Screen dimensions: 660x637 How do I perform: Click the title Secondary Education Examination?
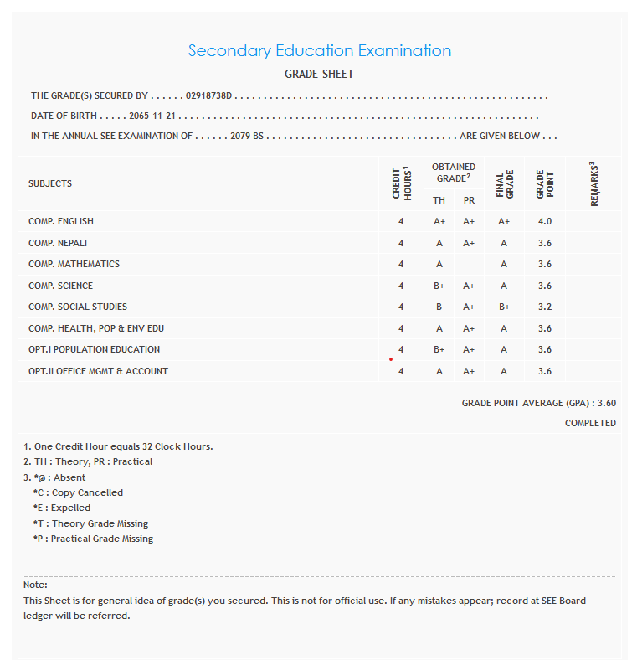pos(319,51)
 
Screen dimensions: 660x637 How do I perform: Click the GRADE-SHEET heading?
pos(319,75)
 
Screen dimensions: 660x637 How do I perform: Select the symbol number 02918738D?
pos(208,96)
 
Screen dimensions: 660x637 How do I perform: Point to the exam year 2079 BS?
pos(247,136)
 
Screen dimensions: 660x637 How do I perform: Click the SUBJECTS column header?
pos(50,183)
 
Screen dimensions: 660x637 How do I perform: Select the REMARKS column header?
pos(593,183)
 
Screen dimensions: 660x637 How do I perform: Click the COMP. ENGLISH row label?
pos(61,222)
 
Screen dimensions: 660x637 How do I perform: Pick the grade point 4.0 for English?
pos(545,222)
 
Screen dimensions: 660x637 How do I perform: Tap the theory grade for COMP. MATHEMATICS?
pos(439,265)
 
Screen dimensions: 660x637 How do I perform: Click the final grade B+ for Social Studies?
pos(504,307)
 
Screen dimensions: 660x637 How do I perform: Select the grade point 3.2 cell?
pos(545,307)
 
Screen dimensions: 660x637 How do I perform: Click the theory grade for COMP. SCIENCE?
pos(439,286)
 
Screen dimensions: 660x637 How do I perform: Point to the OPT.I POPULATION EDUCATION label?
pos(94,350)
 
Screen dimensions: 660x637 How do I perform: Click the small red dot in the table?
pos(390,359)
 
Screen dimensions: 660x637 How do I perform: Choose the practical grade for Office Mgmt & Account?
pos(469,372)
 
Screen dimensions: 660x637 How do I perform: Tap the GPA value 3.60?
pos(607,403)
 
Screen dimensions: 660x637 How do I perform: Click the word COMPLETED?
pos(590,424)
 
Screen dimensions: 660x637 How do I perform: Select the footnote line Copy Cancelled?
pos(78,492)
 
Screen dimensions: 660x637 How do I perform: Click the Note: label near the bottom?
pos(35,585)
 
